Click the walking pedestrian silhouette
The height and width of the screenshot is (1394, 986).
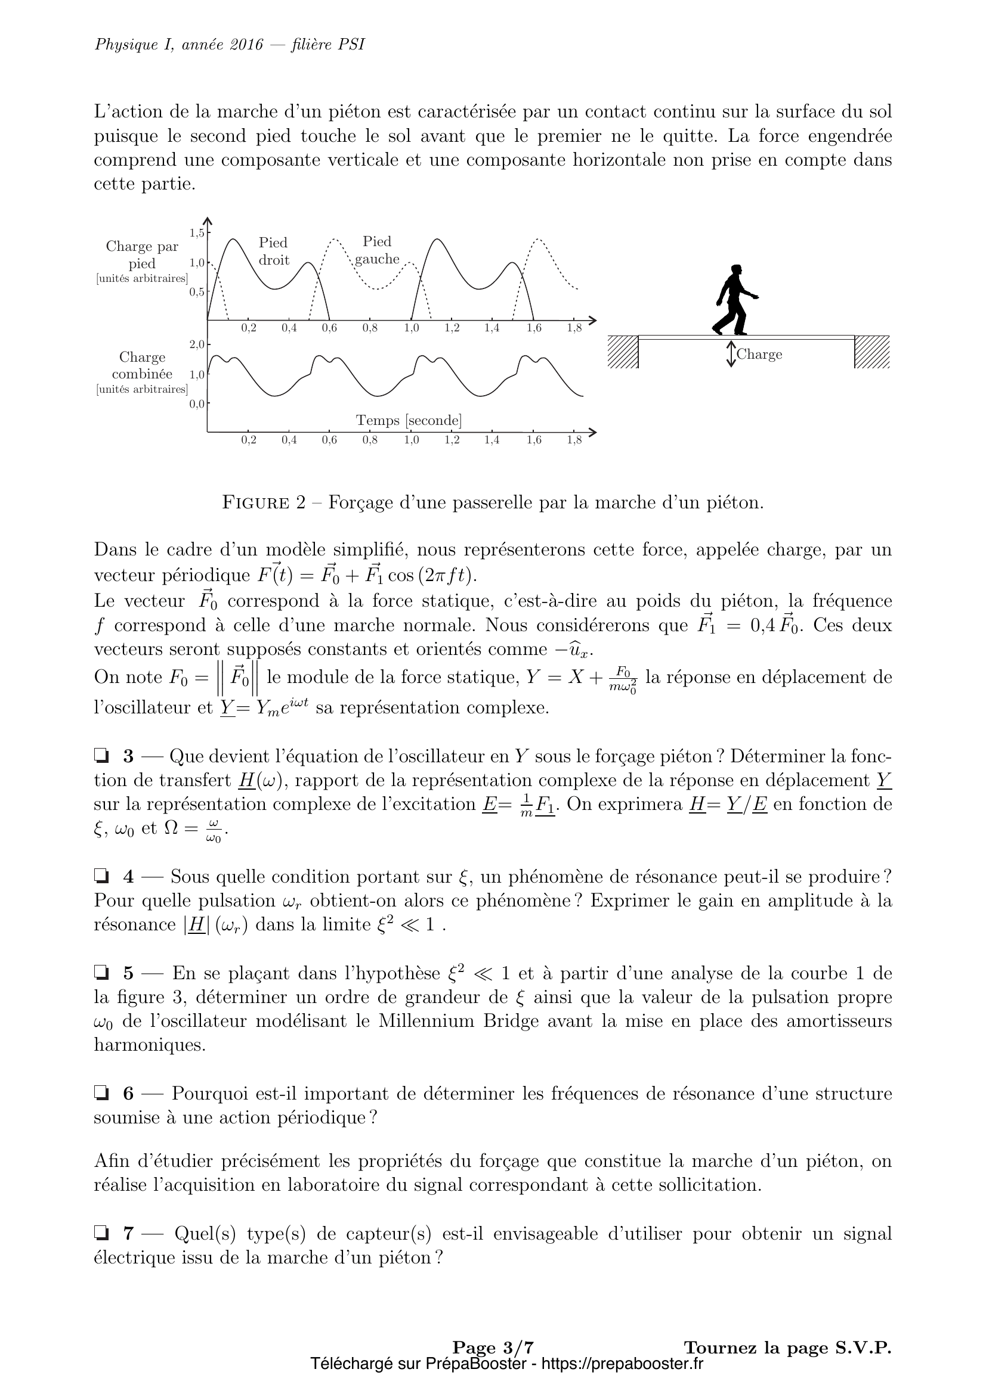[x=735, y=300]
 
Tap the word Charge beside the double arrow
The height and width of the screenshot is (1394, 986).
[x=759, y=355]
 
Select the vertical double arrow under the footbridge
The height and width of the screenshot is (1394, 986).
[x=731, y=354]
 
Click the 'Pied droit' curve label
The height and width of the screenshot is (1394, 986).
[x=273, y=252]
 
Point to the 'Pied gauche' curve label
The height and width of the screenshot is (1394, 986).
[x=376, y=250]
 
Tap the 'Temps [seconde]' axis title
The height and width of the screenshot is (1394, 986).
[x=408, y=420]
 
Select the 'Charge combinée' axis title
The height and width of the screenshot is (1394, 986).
[x=142, y=365]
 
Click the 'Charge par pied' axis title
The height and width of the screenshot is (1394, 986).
[x=142, y=255]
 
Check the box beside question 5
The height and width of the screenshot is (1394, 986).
[x=101, y=973]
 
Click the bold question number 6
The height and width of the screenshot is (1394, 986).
[x=128, y=1094]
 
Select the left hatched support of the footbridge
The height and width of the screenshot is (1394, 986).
[x=623, y=352]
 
